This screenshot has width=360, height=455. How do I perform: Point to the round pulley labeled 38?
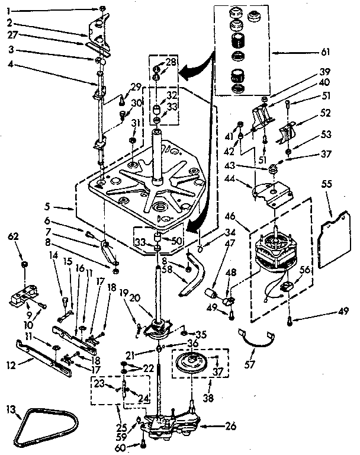[194, 363]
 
